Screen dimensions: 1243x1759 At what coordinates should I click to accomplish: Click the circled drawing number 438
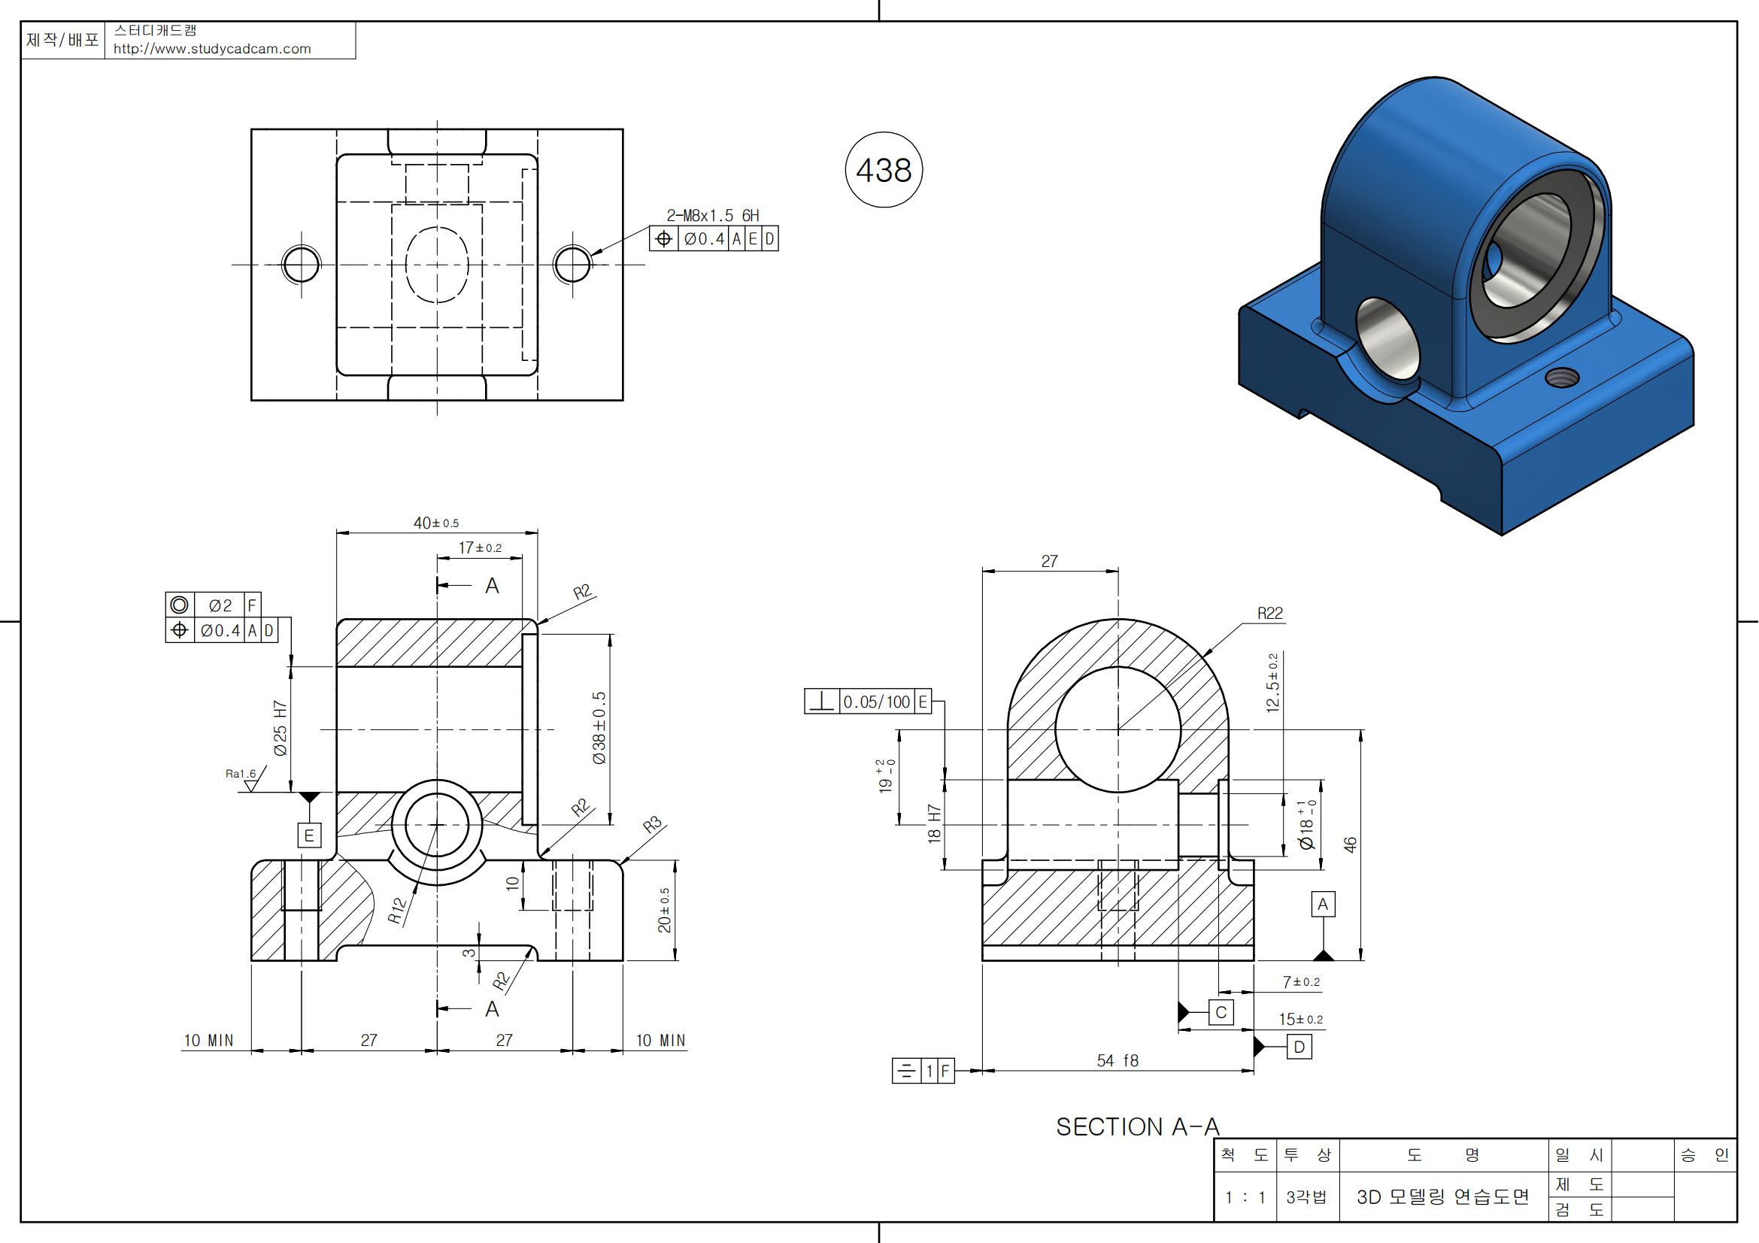[884, 170]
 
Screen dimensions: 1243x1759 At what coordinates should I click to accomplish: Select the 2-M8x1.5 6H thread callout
[712, 216]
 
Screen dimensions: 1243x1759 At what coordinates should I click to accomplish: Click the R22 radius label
[1269, 614]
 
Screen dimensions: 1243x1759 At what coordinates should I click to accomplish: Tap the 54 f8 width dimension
[1117, 1061]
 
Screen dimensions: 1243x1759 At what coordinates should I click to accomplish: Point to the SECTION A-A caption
[1137, 1126]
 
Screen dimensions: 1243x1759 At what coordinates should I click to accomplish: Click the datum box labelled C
[1221, 1012]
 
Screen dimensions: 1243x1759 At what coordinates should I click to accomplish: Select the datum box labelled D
[1300, 1047]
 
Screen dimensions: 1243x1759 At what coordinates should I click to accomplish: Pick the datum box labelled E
[309, 835]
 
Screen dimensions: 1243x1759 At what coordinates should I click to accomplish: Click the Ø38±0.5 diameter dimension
[599, 728]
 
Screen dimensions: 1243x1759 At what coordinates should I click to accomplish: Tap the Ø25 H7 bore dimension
[281, 729]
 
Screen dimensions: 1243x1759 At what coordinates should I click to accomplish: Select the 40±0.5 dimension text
[436, 523]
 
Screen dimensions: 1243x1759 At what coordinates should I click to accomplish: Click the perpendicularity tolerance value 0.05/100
[876, 702]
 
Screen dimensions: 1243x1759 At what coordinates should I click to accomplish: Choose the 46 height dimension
[1350, 844]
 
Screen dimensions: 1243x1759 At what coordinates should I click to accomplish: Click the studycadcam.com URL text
[212, 49]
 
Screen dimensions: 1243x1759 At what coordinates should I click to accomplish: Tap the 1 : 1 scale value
[1245, 1197]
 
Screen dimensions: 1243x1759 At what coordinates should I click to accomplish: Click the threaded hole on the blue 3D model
[1561, 377]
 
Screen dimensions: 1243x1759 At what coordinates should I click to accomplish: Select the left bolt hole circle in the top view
[301, 265]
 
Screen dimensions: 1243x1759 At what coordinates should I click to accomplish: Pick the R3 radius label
[652, 825]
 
